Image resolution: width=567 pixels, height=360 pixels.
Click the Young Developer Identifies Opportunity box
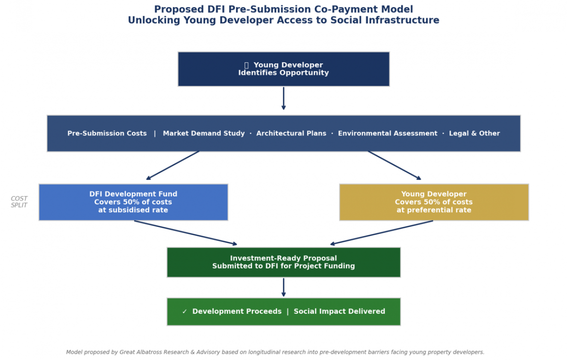283,69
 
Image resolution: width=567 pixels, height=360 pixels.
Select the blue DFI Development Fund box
133,202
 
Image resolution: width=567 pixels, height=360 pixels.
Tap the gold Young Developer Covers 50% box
434,202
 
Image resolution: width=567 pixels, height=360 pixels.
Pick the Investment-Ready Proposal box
283,262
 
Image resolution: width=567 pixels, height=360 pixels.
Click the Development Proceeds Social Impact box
283,312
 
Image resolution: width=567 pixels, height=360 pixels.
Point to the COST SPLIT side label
19,202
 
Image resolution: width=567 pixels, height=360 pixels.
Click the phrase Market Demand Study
204,133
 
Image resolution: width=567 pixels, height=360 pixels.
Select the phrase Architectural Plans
292,133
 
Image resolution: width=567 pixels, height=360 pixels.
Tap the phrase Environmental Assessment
387,133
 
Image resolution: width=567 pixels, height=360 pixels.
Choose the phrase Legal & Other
474,133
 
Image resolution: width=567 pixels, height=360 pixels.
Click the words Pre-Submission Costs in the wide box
107,133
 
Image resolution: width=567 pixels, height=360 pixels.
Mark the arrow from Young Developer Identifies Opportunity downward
283,98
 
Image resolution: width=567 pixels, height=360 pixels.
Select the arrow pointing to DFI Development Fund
172,165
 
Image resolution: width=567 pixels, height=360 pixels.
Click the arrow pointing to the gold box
395,165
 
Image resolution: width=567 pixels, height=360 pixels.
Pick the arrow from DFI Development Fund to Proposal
186,232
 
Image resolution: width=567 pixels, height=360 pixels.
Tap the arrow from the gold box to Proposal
381,232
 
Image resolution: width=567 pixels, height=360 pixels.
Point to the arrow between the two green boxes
283,287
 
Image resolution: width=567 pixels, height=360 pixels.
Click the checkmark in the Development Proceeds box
185,311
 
